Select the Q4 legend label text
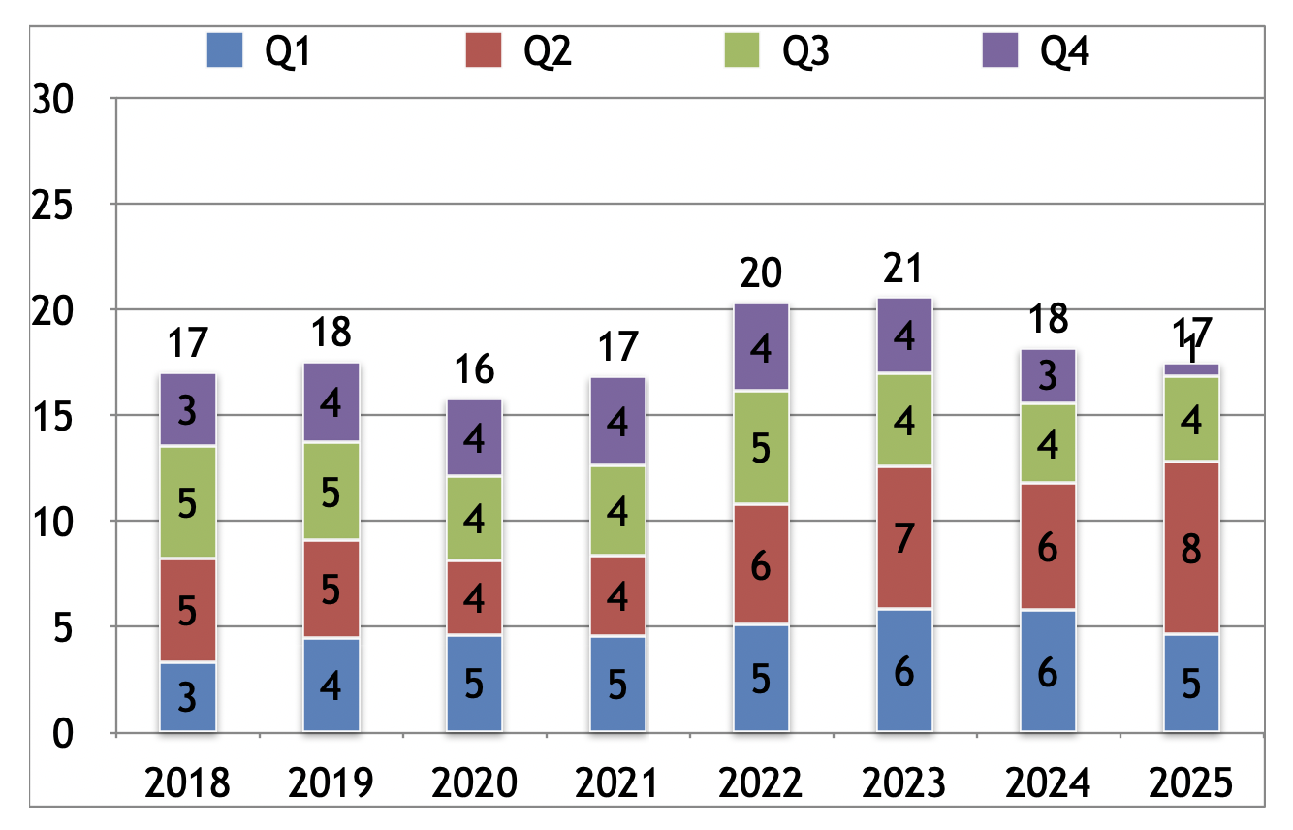click(x=1064, y=51)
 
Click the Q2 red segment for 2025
click(x=1191, y=549)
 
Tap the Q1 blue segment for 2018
click(x=188, y=697)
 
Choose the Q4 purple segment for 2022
click(x=761, y=347)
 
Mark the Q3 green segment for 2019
click(x=331, y=492)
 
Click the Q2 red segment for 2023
click(x=904, y=538)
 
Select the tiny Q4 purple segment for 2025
click(x=1191, y=369)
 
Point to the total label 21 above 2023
click(x=903, y=269)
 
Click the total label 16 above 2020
click(x=474, y=369)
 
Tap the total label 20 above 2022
click(x=760, y=273)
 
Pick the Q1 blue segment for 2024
click(x=1048, y=671)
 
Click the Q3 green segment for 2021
click(x=617, y=511)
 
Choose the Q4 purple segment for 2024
click(x=1048, y=375)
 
